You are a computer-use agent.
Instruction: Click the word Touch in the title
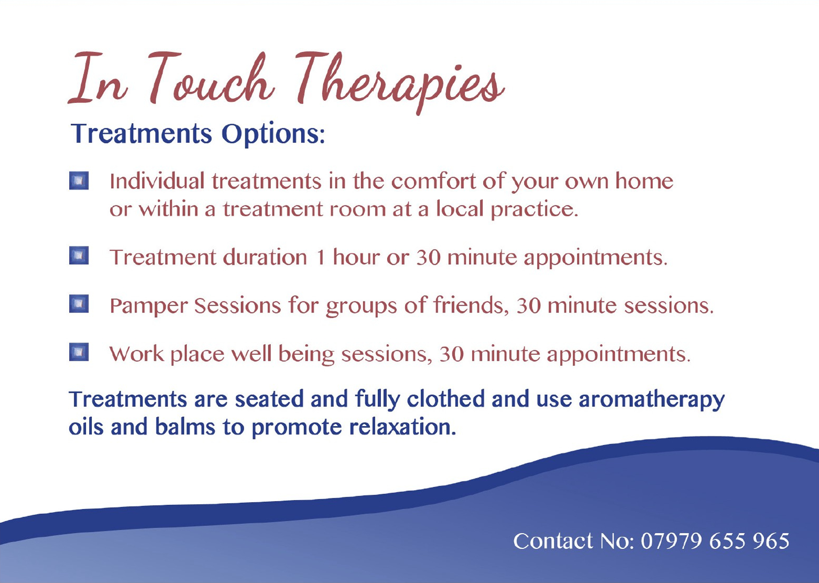point(211,79)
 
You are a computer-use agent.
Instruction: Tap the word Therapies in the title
point(400,82)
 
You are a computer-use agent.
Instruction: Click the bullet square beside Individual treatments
point(79,181)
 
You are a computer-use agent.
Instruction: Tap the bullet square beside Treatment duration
point(79,255)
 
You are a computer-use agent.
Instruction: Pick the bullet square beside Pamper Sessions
point(79,304)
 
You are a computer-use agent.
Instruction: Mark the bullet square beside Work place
point(79,352)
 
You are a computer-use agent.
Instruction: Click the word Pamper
point(148,306)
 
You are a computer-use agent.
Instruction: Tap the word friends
point(471,305)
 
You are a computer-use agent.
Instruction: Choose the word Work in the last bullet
point(137,354)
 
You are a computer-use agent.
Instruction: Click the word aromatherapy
point(651,400)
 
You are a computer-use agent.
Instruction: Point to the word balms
point(185,427)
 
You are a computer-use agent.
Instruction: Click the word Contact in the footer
point(553,541)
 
